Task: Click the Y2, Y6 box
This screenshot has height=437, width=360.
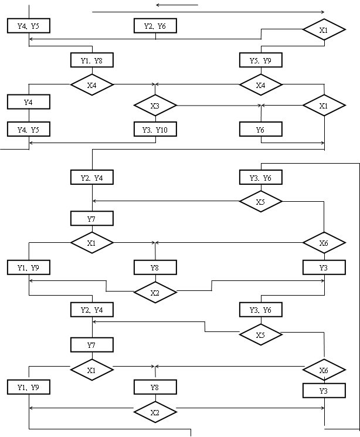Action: (x=155, y=26)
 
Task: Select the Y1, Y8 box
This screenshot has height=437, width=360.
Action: (x=92, y=60)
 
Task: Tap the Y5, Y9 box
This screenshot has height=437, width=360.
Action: (x=261, y=60)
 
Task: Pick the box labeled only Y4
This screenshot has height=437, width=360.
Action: (x=29, y=101)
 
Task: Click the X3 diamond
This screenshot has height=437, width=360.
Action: (x=155, y=106)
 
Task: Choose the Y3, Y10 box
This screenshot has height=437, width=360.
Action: (x=155, y=129)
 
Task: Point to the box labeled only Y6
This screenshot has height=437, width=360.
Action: (x=261, y=129)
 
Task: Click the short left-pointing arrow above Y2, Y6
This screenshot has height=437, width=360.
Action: (x=177, y=5)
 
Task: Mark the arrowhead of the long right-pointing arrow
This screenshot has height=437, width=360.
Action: (x=322, y=12)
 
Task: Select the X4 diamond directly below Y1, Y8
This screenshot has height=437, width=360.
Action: (x=92, y=84)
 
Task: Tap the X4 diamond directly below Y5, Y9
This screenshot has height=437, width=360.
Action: (x=261, y=84)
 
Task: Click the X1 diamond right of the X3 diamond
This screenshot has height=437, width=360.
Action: (x=324, y=106)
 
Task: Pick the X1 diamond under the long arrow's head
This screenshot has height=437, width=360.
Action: (x=324, y=29)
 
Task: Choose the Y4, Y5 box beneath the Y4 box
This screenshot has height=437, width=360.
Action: (x=29, y=129)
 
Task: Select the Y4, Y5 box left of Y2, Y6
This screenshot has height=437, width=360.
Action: (x=29, y=26)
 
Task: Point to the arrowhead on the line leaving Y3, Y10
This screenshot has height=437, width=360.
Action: (x=31, y=143)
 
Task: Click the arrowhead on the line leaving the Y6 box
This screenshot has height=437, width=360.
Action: (x=322, y=143)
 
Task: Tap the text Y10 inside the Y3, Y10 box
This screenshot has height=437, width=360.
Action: (x=162, y=130)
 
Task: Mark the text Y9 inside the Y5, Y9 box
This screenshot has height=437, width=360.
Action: (x=267, y=61)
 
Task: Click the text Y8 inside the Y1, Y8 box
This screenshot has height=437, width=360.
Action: (x=98, y=61)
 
